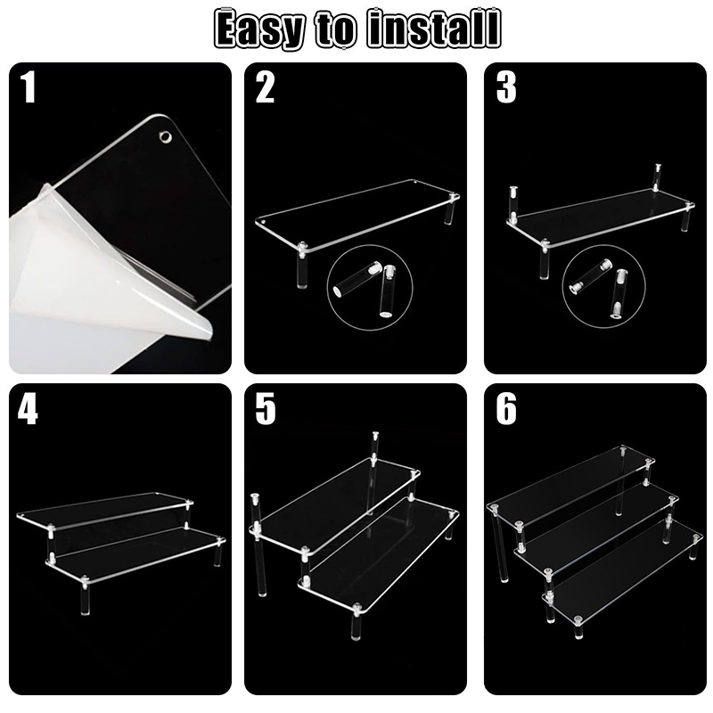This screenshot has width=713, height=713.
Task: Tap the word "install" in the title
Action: pos(434,29)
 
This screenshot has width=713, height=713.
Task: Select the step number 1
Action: pos(28,87)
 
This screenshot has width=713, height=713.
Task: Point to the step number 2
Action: pos(265,87)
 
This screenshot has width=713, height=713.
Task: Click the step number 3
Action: pos(506,87)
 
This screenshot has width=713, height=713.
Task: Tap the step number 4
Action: pos(28,408)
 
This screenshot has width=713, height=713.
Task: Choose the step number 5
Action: pos(265,408)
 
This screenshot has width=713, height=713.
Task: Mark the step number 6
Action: pos(506,408)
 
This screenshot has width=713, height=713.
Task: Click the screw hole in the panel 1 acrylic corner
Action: pos(165,136)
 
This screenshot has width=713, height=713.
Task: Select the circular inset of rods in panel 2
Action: pos(370,287)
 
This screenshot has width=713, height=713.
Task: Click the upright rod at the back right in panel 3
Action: pos(657,177)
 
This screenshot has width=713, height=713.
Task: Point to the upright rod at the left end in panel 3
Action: pos(514,204)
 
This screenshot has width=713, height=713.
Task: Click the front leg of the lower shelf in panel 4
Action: pos(85,594)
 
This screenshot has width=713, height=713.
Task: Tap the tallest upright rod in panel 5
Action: pos(373,473)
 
